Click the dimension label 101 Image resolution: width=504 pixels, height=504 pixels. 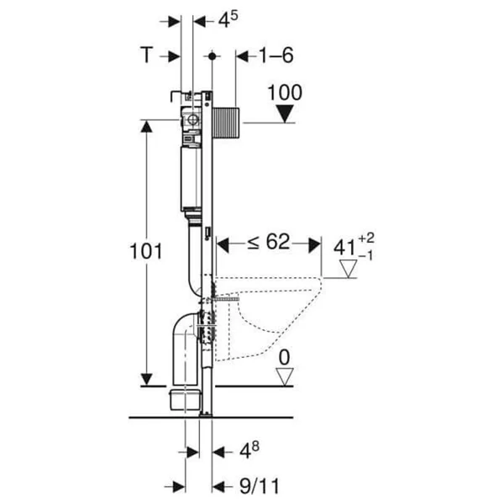point(146,251)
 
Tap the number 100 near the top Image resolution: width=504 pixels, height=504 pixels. point(285,92)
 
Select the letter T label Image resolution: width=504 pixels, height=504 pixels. point(147,55)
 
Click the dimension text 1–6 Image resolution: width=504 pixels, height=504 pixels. point(276,55)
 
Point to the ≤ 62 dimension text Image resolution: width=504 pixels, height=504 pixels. point(269,242)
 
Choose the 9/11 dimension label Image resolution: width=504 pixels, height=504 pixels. point(260,486)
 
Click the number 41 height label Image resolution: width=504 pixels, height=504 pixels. point(344,248)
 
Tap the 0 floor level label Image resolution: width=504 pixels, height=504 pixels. point(285,358)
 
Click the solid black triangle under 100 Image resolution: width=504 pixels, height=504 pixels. point(285,113)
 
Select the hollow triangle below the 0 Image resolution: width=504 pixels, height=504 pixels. point(285,376)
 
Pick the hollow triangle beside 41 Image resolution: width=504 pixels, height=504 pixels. point(349,269)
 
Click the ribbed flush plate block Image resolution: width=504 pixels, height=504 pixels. point(226,123)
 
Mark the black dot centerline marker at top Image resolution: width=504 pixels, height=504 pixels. point(213,56)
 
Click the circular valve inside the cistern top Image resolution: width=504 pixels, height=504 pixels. point(192,120)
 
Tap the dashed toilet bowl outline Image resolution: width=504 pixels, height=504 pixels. point(269,318)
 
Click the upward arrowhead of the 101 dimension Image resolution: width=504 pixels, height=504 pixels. point(146,126)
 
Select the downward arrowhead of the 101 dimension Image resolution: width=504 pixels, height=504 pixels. point(146,380)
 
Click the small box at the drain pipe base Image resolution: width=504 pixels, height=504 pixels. point(185,400)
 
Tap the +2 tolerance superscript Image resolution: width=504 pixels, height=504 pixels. point(366,239)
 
